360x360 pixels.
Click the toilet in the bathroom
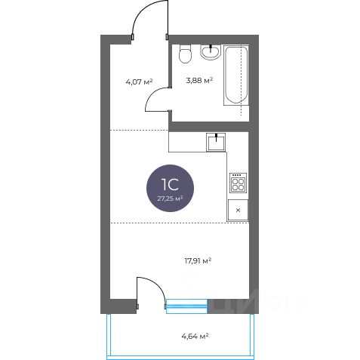click(x=186, y=54)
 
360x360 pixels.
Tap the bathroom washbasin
click(x=211, y=52)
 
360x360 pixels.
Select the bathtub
click(x=236, y=75)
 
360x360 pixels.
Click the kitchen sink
click(x=216, y=143)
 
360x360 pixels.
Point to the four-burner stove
click(x=238, y=183)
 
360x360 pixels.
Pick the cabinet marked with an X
click(x=238, y=210)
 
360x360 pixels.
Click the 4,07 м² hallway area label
click(x=139, y=82)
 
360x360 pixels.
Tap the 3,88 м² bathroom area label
click(x=199, y=81)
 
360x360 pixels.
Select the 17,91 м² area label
click(x=198, y=261)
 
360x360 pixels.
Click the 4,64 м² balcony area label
click(x=195, y=336)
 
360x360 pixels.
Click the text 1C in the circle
click(x=170, y=185)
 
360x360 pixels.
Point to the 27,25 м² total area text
click(x=170, y=198)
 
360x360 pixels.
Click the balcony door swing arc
click(x=157, y=285)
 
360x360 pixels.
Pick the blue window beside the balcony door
click(x=186, y=306)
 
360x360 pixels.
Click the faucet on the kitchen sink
click(x=216, y=137)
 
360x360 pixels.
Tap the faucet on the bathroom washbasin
click(x=211, y=48)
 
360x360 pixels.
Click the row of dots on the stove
click(x=238, y=175)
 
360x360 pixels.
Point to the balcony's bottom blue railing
click(x=180, y=358)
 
